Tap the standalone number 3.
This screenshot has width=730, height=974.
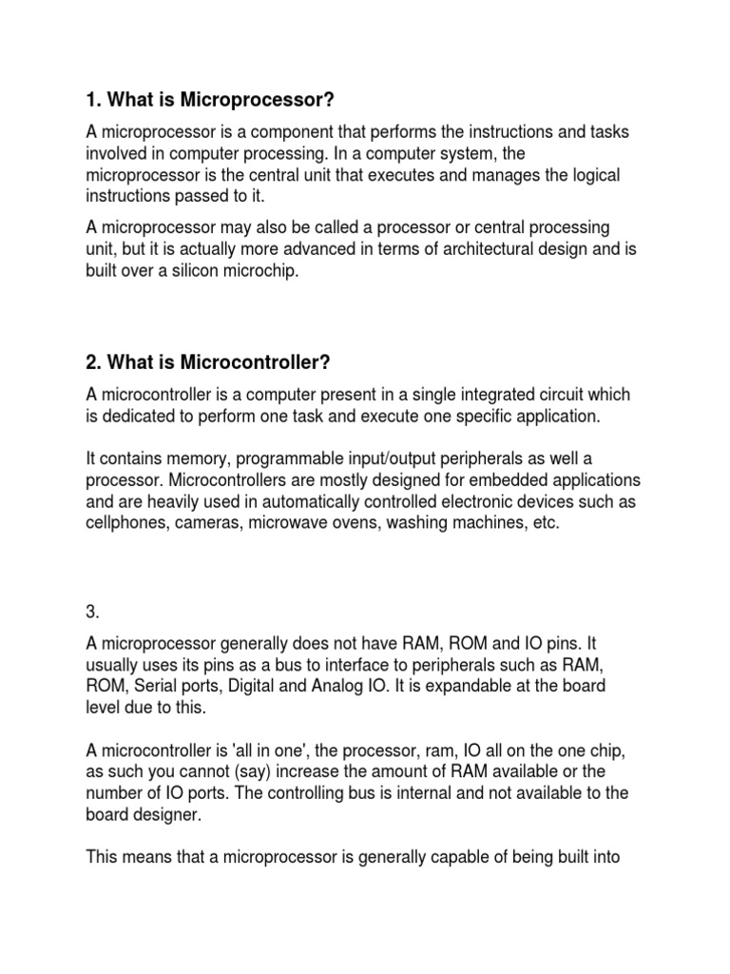click(92, 591)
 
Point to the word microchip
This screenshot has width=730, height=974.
click(264, 270)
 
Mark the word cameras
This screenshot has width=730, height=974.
click(206, 523)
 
